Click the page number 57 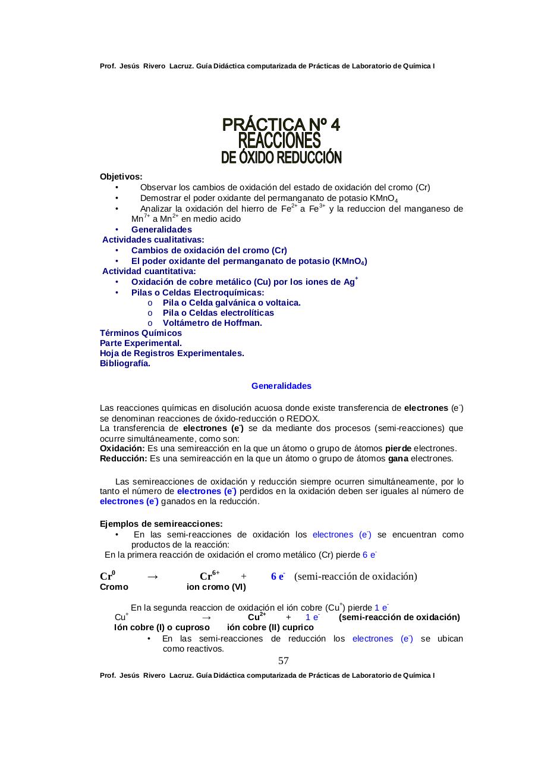pyautogui.click(x=284, y=661)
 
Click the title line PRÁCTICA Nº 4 pyautogui.click(x=281, y=124)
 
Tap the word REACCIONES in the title pyautogui.click(x=279, y=141)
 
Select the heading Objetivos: pyautogui.click(x=121, y=177)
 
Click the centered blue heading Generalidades pyautogui.click(x=281, y=386)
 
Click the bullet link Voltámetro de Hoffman pyautogui.click(x=212, y=323)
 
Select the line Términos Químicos pyautogui.click(x=141, y=333)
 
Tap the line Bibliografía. pyautogui.click(x=125, y=363)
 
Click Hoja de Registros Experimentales pyautogui.click(x=172, y=353)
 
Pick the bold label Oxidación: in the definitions pyautogui.click(x=122, y=448)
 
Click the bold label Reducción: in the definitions pyautogui.click(x=123, y=458)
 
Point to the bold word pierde pyautogui.click(x=398, y=448)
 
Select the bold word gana pyautogui.click(x=398, y=458)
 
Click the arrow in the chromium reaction pyautogui.click(x=152, y=577)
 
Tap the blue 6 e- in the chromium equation pyautogui.click(x=278, y=576)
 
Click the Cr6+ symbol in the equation pyautogui.click(x=209, y=576)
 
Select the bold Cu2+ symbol pyautogui.click(x=256, y=617)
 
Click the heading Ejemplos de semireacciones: pyautogui.click(x=161, y=524)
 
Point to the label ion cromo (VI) pyautogui.click(x=216, y=587)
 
